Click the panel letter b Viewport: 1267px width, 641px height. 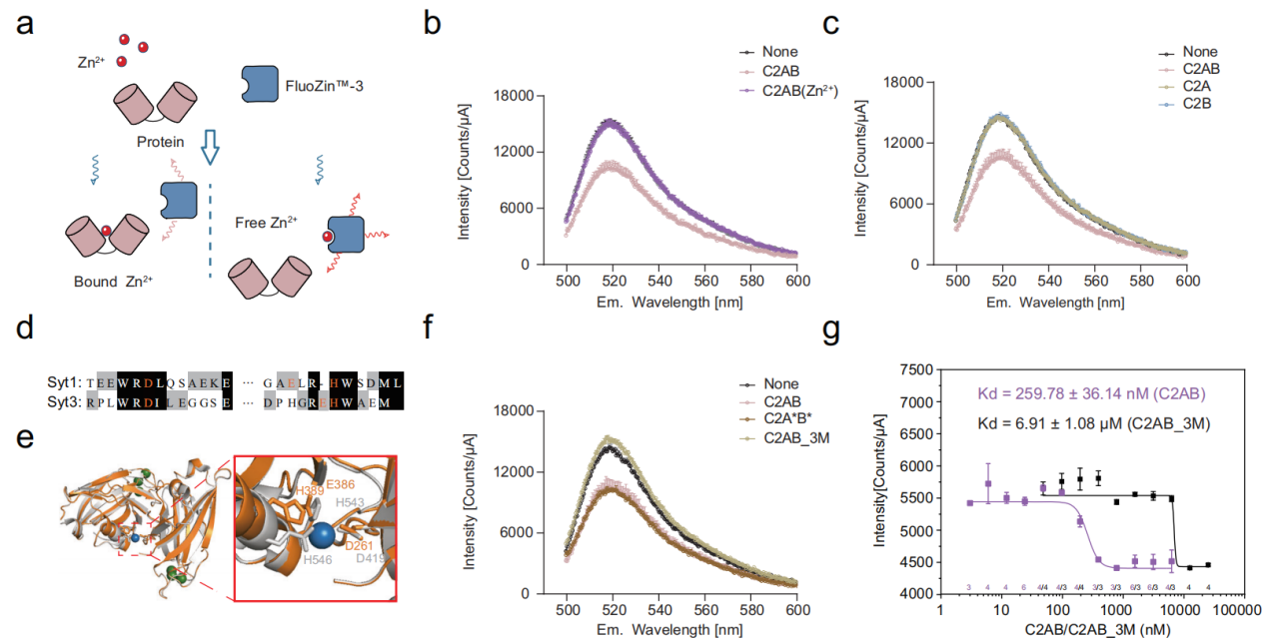coord(434,24)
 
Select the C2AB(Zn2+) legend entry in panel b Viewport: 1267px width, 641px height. coord(800,90)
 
